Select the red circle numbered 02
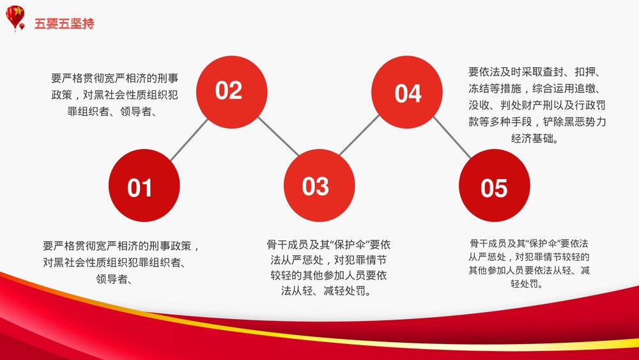coord(229,91)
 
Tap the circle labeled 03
coord(315,185)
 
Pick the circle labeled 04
coord(408,93)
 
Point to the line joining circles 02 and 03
coord(276,136)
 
